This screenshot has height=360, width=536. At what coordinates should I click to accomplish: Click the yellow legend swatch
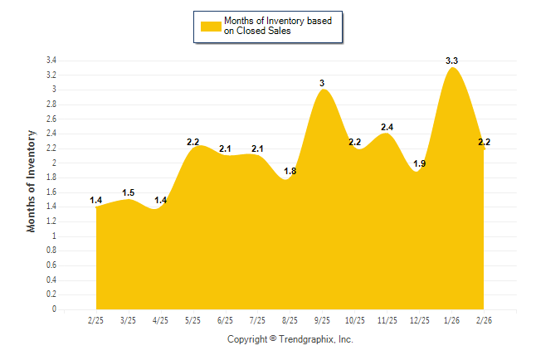click(210, 26)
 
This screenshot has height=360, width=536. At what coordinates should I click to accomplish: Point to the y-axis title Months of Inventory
click(32, 180)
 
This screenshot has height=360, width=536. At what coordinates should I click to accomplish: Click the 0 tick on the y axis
click(54, 309)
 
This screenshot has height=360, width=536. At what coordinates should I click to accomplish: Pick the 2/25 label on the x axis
click(95, 319)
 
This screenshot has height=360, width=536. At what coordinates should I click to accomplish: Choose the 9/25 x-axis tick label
click(322, 319)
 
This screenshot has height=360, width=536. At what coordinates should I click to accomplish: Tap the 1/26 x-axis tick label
click(451, 319)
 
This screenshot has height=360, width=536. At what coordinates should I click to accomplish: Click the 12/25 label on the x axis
click(419, 319)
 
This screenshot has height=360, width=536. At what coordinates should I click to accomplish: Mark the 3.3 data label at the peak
click(452, 61)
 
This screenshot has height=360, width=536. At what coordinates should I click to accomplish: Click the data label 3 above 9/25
click(322, 83)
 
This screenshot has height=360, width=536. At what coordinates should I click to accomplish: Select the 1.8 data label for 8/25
click(290, 171)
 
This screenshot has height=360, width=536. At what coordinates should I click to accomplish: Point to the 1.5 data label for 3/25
click(128, 192)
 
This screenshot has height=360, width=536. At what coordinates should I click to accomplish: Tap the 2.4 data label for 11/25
click(387, 127)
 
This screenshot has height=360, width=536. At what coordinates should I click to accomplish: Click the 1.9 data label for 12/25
click(419, 163)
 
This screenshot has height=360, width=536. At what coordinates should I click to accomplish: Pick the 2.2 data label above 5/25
click(192, 142)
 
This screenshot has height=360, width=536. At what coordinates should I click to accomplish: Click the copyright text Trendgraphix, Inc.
click(290, 339)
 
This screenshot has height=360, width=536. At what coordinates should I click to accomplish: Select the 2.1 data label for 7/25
click(257, 148)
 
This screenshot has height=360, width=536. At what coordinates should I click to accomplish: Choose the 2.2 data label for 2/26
click(484, 142)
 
